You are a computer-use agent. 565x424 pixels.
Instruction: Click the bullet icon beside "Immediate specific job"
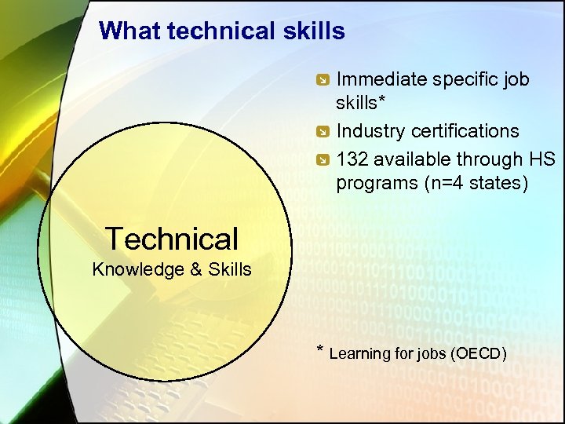[322, 80]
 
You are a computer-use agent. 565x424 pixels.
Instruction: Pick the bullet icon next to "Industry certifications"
[322, 131]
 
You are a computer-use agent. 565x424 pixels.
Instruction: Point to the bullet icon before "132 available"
[322, 160]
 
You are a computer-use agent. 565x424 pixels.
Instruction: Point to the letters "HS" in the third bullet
[541, 159]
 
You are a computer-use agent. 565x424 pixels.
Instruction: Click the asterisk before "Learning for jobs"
[319, 350]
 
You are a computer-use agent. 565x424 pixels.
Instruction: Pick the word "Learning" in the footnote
[359, 353]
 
